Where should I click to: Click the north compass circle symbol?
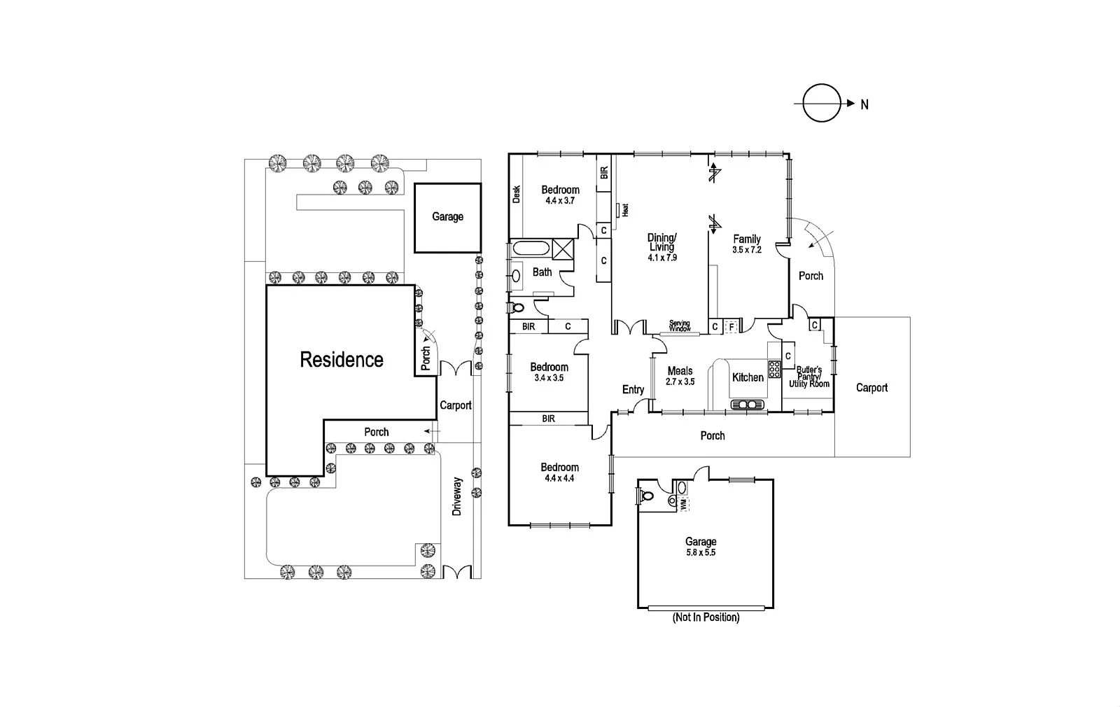821,104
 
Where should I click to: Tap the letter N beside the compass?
864,104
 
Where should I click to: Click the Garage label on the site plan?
447,217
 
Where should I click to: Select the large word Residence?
342,360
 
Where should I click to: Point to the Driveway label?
457,496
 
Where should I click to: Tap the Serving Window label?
680,326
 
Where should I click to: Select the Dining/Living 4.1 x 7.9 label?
661,247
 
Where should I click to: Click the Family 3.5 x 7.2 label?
747,244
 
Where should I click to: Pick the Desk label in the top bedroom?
517,194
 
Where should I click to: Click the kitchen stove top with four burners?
775,369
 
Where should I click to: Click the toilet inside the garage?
647,496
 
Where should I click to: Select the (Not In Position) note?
706,617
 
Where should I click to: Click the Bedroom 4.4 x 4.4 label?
559,472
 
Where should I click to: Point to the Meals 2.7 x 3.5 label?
680,376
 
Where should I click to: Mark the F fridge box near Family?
731,326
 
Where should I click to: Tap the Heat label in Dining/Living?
626,209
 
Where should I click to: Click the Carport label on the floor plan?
871,388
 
